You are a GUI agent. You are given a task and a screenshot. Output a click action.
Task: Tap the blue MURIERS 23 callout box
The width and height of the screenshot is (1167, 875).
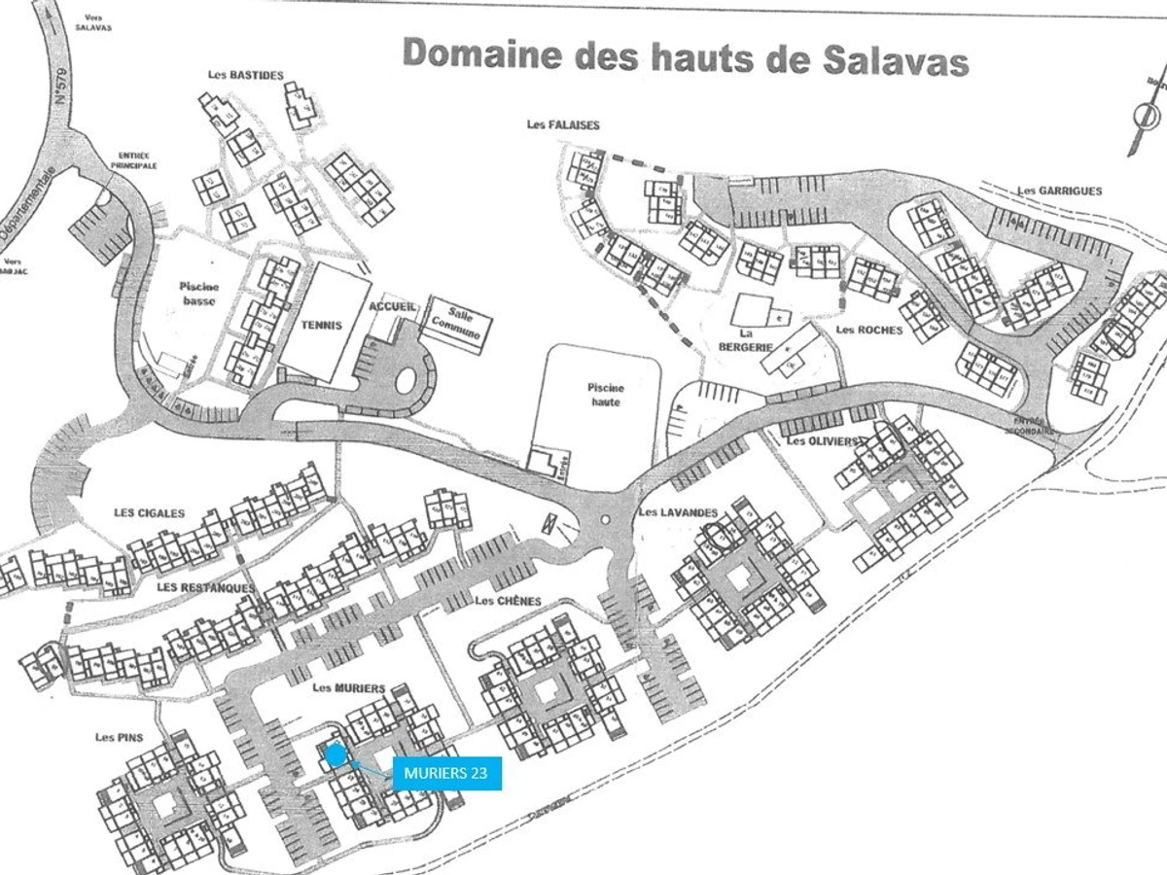click(447, 774)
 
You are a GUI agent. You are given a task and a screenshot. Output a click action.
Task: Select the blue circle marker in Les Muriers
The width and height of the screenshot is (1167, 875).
click(336, 755)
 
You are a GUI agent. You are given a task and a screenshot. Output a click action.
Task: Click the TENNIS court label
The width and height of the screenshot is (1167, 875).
click(322, 326)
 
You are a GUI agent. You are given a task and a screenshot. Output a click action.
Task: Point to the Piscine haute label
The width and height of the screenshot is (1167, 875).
click(604, 393)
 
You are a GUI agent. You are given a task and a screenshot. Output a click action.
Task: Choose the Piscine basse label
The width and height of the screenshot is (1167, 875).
click(199, 294)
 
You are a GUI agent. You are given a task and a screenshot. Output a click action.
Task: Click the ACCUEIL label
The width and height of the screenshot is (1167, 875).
click(393, 306)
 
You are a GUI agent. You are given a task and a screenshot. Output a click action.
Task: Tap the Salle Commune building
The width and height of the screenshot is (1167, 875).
click(456, 322)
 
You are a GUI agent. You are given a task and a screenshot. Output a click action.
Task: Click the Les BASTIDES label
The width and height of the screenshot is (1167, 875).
click(246, 75)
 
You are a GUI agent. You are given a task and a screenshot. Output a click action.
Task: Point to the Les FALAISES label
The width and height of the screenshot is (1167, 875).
click(563, 124)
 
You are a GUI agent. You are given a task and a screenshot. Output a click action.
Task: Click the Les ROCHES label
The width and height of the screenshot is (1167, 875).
click(868, 330)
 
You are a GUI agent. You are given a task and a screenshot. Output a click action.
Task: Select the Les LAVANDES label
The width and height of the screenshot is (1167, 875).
click(678, 512)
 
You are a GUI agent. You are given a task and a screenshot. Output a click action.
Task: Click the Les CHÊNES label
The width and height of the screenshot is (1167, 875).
click(508, 601)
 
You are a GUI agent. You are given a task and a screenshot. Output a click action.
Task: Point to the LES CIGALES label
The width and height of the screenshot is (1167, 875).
click(149, 513)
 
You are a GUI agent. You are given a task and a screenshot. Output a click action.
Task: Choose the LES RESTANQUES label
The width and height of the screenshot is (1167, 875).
click(205, 587)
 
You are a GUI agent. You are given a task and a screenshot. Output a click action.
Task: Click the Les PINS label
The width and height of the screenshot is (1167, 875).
click(120, 737)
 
